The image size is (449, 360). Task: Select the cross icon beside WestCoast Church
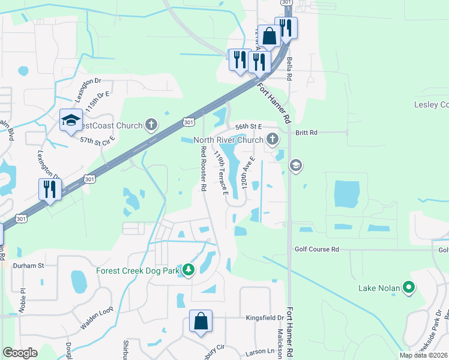coord(151,125)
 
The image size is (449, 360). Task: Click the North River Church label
coord(228,140)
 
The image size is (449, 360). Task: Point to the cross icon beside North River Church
coord(273,140)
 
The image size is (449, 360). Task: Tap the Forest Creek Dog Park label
coord(138,271)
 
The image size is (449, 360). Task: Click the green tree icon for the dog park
coord(189,271)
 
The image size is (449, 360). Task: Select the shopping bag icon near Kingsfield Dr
coord(200,321)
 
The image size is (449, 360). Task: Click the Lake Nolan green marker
coord(409,288)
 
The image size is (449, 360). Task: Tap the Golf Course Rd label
coord(317,249)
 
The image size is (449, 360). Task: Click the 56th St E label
coord(249,127)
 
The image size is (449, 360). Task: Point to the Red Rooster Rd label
coord(204,168)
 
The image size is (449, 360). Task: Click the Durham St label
coord(29,265)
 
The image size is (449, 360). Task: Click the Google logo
coord(20,353)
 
